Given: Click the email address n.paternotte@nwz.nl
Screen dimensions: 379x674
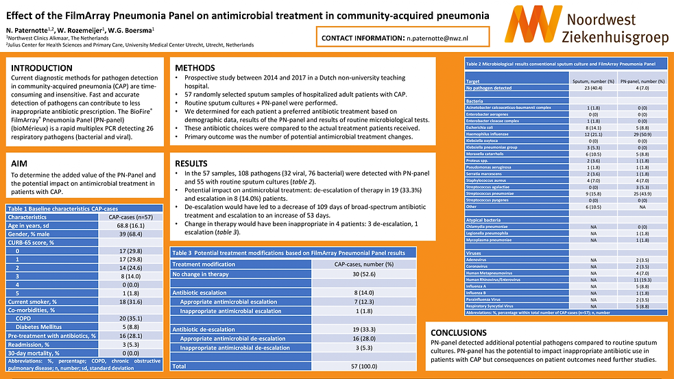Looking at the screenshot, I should (443, 37).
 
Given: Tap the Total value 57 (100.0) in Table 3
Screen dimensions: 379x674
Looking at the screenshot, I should (363, 367).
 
